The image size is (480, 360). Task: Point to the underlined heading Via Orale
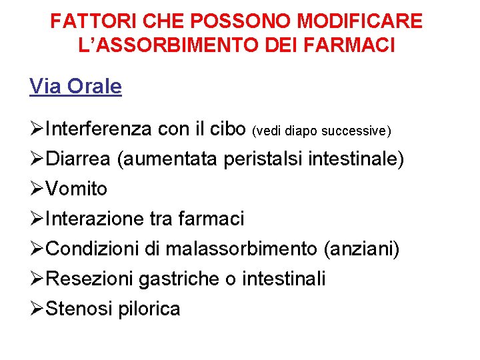[75, 87]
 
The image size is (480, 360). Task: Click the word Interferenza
[99, 129]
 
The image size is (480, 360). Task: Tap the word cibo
[227, 129]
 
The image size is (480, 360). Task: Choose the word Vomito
[77, 189]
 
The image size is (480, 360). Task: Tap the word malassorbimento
[241, 249]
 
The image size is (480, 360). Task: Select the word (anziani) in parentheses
[361, 249]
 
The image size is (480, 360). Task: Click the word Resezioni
[91, 279]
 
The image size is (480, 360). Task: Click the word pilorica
[149, 309]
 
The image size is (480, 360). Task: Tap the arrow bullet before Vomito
[37, 189]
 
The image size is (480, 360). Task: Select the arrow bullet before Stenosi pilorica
[37, 309]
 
